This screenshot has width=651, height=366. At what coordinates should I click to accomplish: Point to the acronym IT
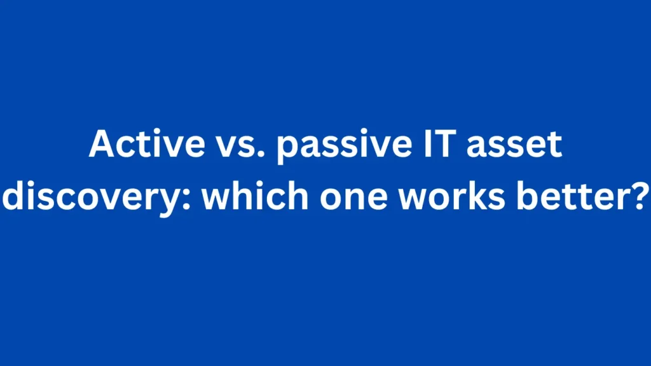[440, 144]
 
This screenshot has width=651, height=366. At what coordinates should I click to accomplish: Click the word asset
[514, 145]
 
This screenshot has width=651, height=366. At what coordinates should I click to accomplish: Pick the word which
[255, 196]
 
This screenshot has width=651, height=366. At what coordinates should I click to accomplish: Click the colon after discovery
[188, 200]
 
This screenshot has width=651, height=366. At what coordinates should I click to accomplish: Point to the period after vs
[261, 154]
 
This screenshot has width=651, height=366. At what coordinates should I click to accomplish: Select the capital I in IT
[427, 144]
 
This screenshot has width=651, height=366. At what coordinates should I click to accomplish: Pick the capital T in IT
[445, 144]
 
